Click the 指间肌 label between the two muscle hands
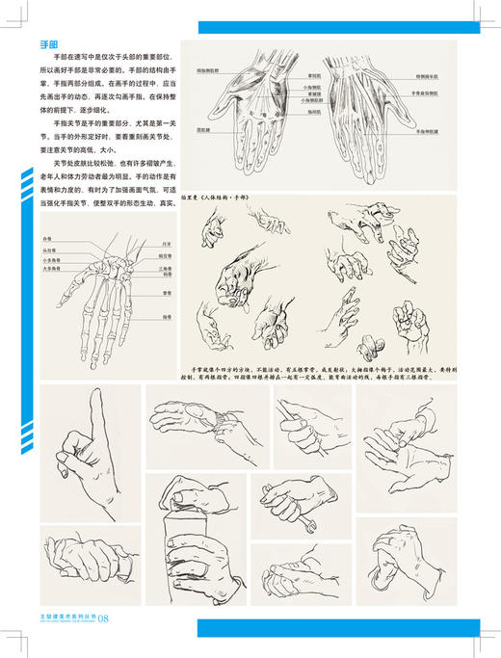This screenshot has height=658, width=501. click(314, 112)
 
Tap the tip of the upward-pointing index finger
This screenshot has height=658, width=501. click(97, 394)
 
